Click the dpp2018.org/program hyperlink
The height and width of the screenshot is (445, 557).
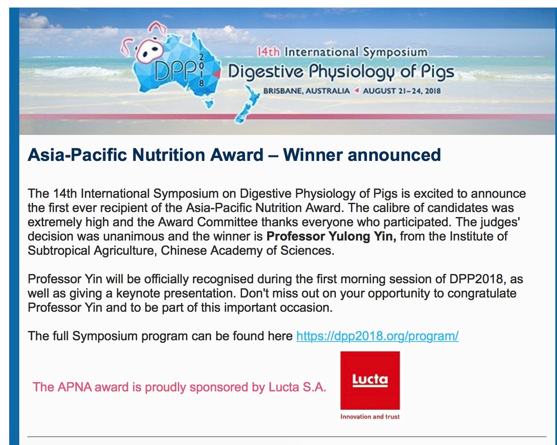[377, 336]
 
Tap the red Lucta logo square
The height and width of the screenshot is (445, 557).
[370, 380]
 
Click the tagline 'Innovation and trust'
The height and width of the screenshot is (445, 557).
[370, 417]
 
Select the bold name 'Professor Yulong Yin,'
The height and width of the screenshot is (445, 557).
[331, 236]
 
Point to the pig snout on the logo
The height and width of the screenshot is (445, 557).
[150, 52]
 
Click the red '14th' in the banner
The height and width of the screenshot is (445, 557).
[269, 52]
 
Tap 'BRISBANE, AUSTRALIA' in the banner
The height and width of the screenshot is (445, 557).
[307, 91]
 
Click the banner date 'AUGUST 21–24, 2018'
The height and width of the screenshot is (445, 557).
[402, 91]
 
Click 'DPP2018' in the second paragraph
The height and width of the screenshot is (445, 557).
[476, 279]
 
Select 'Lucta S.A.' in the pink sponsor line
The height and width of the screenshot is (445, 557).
[297, 387]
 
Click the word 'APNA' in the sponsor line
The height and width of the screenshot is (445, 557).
[75, 387]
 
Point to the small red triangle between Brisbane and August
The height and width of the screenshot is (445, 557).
[357, 91]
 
